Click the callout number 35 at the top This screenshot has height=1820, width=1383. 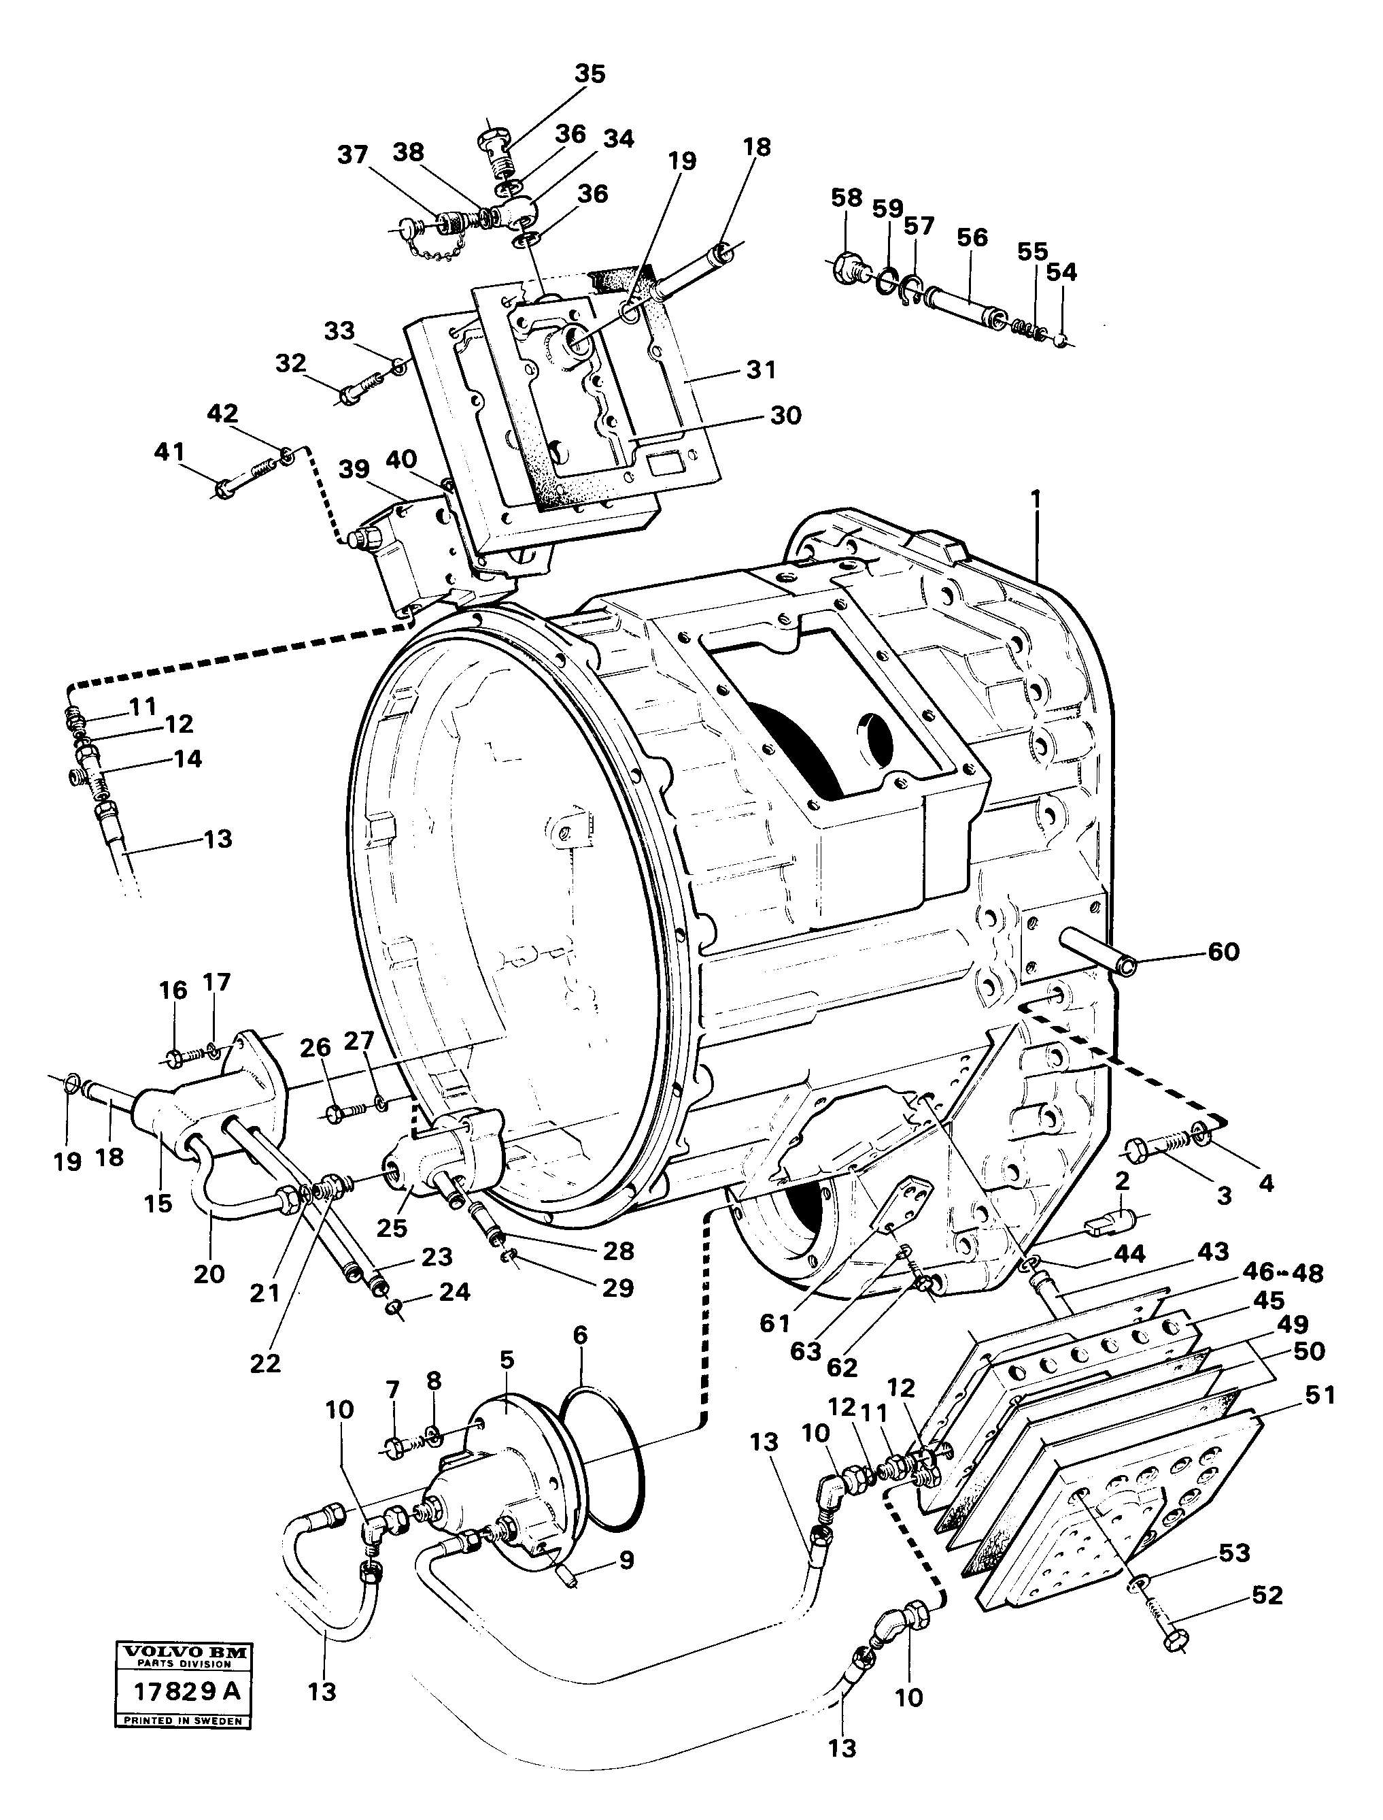point(590,74)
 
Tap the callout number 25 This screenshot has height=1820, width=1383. point(392,1228)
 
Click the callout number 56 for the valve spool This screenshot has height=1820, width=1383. point(972,238)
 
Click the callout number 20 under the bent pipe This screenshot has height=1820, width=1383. point(209,1274)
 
